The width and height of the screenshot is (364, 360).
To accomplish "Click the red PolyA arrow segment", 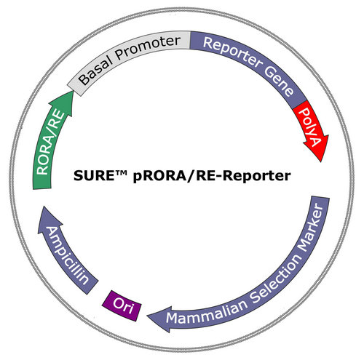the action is point(312,129).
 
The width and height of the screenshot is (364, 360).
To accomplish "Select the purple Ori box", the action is point(122,305).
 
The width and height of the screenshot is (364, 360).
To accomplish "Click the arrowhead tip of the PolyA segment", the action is point(321,161).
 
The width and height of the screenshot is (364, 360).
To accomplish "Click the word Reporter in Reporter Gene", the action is point(232,52).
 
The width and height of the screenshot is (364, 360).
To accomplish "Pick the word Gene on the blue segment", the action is point(279,81).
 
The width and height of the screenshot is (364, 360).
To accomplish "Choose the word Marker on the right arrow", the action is point(311,228).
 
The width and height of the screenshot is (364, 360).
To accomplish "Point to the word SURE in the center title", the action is point(94,176).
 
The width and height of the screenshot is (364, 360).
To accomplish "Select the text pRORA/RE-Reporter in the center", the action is point(212,176).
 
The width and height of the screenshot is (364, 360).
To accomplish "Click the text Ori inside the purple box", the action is point(123,306).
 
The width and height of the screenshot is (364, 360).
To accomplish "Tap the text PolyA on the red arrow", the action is point(311,127).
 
